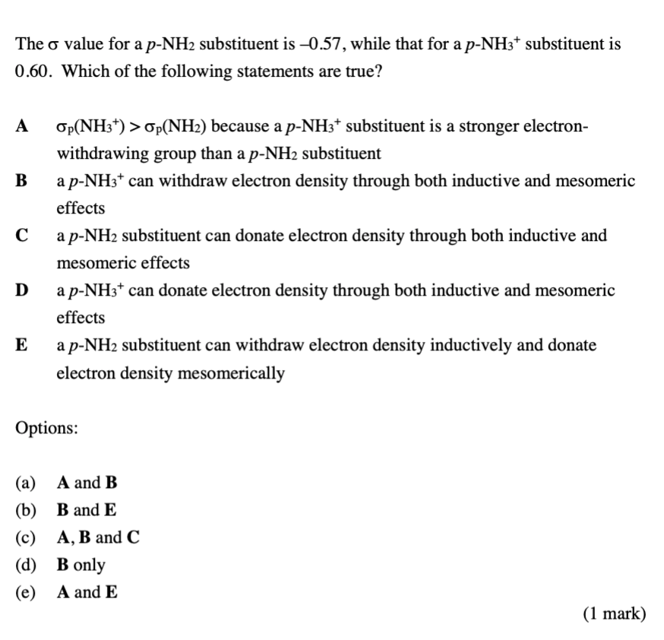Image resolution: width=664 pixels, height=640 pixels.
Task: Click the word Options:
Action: (46, 428)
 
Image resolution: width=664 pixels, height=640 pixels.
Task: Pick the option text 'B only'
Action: (81, 565)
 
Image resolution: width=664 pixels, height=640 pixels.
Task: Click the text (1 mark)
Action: (615, 613)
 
